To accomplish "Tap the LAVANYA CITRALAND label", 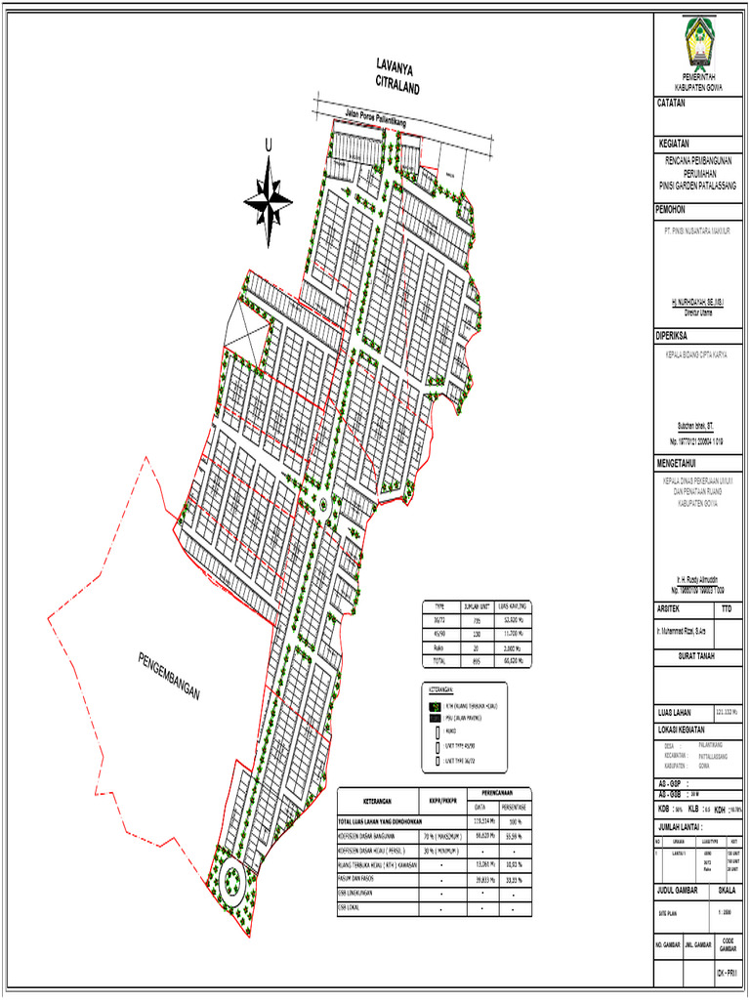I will click(x=396, y=76).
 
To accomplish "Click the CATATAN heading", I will click(x=671, y=103).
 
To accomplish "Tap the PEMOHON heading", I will click(x=672, y=208).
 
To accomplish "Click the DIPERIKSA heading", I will click(x=674, y=336).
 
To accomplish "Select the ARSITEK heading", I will click(x=671, y=608).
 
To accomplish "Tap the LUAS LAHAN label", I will click(x=679, y=710).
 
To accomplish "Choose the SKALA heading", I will click(x=728, y=891).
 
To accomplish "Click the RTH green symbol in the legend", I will click(x=437, y=704).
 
